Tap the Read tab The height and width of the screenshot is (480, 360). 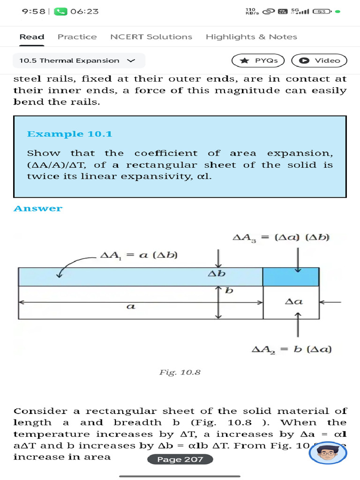32,37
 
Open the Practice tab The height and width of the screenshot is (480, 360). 77,37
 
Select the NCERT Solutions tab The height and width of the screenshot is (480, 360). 151,37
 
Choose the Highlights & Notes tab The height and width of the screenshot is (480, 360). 251,37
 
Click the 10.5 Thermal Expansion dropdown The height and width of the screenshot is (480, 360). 78,60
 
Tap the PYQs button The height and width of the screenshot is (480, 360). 258,60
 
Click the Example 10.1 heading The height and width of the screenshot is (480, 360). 70,134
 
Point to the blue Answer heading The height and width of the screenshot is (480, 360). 38,209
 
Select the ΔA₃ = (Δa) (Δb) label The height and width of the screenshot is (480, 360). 282,238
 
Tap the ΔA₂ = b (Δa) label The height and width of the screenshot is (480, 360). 292,349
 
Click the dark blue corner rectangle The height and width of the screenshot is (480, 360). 291,277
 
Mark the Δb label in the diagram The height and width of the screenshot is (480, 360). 217,273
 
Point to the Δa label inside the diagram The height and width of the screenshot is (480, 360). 294,301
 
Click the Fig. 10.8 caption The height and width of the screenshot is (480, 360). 180,372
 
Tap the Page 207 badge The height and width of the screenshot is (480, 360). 180,459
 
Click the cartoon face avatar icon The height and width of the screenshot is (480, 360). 328,453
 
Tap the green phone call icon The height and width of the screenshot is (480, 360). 60,11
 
